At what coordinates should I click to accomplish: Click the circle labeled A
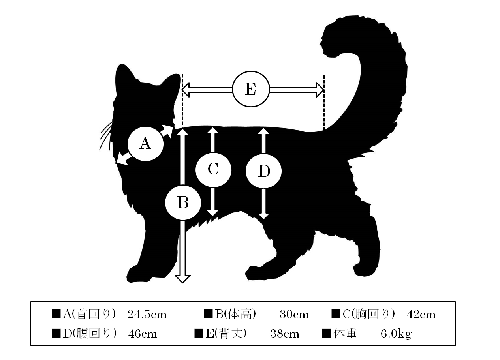coord(145,144)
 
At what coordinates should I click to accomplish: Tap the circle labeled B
coord(183,203)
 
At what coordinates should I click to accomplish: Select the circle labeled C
coord(213,170)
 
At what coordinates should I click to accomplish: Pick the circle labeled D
coord(263,171)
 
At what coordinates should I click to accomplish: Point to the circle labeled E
coord(251,89)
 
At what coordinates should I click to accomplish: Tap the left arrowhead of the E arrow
coord(186,90)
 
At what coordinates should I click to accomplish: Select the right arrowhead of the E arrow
coord(320,90)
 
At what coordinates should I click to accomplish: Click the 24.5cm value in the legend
coord(147,315)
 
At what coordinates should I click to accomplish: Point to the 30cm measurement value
coord(294,315)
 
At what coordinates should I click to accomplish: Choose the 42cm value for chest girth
coord(421,315)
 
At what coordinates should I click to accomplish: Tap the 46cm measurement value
coord(143,334)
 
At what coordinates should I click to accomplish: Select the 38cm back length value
coord(285,334)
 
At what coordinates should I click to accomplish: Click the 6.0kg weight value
coord(396,334)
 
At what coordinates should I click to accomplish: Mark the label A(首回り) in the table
coord(89,314)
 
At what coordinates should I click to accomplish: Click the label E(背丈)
coord(226,334)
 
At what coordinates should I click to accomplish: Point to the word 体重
coord(345,334)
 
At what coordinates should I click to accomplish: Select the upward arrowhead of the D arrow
coord(263,131)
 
